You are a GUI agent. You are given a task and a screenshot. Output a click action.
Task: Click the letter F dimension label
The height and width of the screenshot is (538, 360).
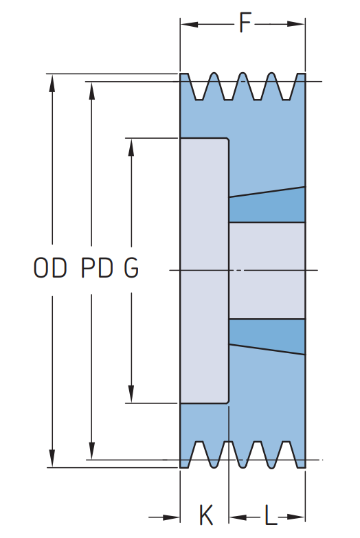(x=245, y=23)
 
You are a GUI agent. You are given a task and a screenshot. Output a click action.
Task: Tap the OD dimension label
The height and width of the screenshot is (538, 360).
(x=50, y=268)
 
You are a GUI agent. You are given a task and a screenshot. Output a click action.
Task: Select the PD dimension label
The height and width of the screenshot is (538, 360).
(x=97, y=268)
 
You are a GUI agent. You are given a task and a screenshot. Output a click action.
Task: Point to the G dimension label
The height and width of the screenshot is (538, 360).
(x=131, y=268)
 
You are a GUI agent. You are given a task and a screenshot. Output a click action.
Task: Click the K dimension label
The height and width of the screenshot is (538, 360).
(x=206, y=515)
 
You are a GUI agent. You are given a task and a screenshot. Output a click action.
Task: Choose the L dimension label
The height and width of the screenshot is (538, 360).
(x=271, y=515)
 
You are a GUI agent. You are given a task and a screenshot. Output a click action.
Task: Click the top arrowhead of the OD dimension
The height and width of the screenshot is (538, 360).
(x=52, y=83)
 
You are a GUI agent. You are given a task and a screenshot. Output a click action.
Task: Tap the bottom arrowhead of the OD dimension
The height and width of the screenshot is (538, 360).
(x=52, y=458)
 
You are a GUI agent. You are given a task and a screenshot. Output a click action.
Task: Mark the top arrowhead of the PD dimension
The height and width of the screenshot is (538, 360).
(x=91, y=91)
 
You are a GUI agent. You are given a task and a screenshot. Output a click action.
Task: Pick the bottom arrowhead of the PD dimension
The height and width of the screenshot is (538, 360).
(x=91, y=451)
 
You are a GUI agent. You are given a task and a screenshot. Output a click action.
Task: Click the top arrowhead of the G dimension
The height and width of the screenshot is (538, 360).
(x=131, y=147)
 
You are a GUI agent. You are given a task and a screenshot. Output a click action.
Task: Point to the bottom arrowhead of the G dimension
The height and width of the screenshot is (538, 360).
(x=131, y=394)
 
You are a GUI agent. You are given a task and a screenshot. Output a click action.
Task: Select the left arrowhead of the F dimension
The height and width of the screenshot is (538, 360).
(x=190, y=24)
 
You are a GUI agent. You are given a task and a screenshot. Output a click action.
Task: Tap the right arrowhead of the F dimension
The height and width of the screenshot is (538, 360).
(x=296, y=24)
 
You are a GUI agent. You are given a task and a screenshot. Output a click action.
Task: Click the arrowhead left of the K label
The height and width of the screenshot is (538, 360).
(x=171, y=517)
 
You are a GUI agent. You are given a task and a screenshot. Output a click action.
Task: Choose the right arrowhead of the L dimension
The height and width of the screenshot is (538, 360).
(x=296, y=517)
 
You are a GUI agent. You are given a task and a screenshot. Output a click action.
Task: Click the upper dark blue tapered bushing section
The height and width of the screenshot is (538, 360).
(x=267, y=206)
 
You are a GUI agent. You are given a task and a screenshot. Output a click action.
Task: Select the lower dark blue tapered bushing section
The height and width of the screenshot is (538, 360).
(x=267, y=335)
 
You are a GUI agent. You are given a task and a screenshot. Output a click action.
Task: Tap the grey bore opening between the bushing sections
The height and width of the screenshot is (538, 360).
(x=267, y=271)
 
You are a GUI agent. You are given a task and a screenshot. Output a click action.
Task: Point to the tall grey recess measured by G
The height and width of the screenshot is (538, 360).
(x=205, y=271)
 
